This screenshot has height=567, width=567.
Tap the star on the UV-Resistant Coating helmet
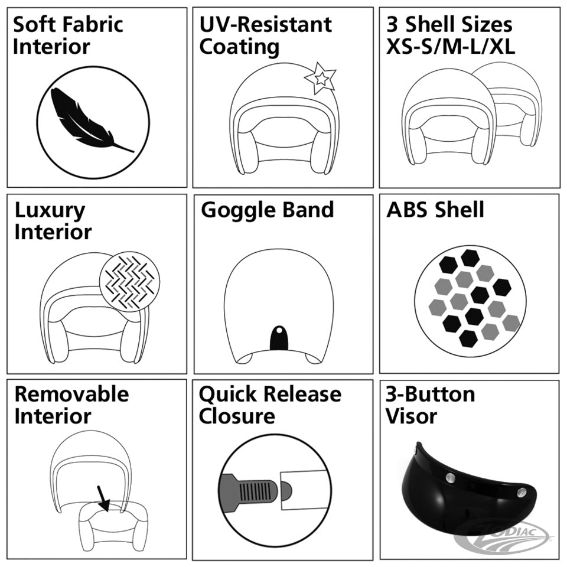(320, 78)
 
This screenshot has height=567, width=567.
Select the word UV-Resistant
(266, 25)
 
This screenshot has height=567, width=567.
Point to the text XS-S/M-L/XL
(451, 47)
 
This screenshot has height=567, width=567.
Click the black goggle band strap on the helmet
(279, 338)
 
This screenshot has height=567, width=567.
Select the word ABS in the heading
(406, 210)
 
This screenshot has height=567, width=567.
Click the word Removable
(71, 394)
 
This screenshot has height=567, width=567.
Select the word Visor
(411, 416)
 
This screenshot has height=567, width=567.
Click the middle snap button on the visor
(450, 477)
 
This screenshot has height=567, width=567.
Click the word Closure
(237, 416)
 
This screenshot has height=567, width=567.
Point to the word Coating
(239, 47)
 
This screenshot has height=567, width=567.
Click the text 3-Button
(431, 394)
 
